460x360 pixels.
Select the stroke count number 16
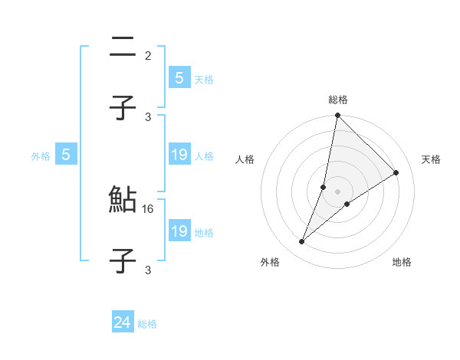click(x=149, y=208)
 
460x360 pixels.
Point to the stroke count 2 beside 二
click(x=148, y=55)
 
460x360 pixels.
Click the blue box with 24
click(x=122, y=322)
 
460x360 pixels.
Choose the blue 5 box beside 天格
click(x=179, y=77)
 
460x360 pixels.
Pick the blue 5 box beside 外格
click(x=66, y=155)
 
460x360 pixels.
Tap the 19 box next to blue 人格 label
click(x=179, y=155)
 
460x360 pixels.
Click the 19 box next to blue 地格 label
click(x=179, y=231)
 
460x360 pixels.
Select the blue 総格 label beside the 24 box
click(x=147, y=324)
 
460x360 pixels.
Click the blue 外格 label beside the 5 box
click(x=41, y=156)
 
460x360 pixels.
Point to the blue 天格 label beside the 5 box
click(x=203, y=79)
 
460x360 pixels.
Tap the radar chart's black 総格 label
click(x=338, y=100)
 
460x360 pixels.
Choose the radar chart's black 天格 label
click(x=431, y=159)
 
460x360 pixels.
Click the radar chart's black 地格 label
click(x=402, y=262)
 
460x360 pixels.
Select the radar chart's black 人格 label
click(x=245, y=159)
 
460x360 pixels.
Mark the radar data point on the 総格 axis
click(x=337, y=116)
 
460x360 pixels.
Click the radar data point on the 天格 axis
click(x=396, y=172)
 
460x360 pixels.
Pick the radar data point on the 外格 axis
click(x=301, y=242)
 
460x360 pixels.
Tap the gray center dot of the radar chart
click(x=337, y=191)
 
